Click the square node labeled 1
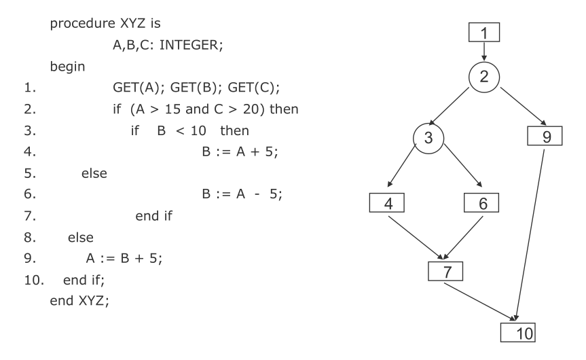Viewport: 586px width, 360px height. (x=483, y=32)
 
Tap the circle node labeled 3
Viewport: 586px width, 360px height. (x=429, y=139)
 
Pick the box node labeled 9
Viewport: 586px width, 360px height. (x=547, y=137)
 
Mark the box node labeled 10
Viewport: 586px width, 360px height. (x=517, y=332)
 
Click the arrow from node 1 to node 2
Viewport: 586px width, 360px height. (x=483, y=50)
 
